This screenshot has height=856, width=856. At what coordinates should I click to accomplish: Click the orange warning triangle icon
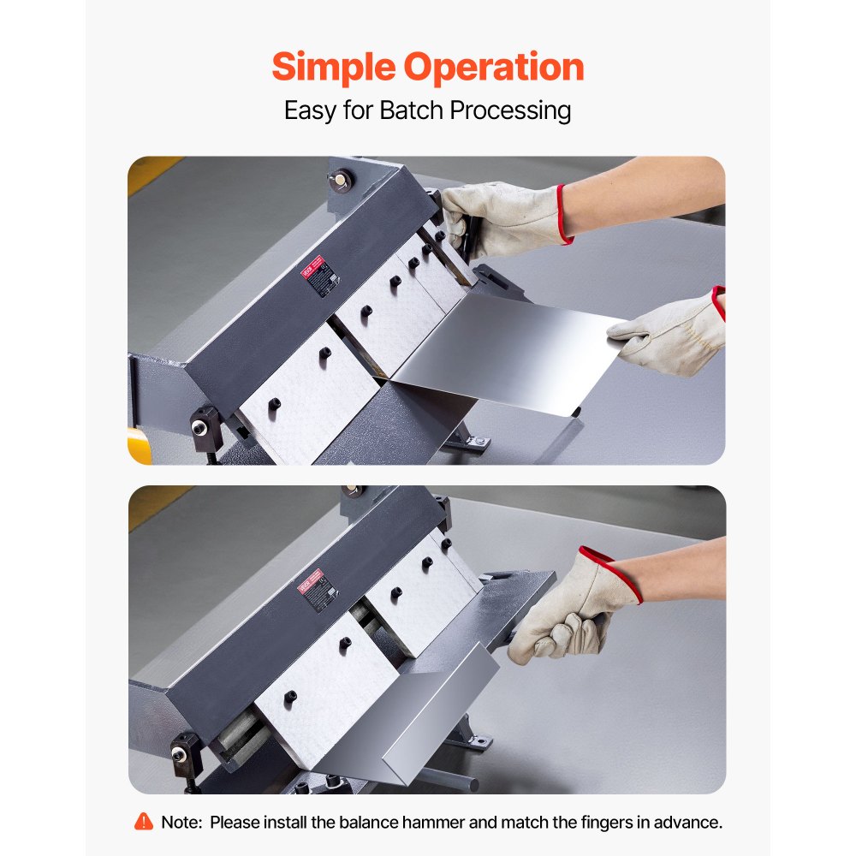[144, 822]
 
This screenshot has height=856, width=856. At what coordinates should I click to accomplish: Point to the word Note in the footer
[180, 822]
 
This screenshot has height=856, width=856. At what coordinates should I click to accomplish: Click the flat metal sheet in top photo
[505, 351]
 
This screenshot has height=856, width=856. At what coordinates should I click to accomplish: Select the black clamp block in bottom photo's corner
[184, 753]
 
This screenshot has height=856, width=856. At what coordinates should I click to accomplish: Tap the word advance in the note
[689, 822]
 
